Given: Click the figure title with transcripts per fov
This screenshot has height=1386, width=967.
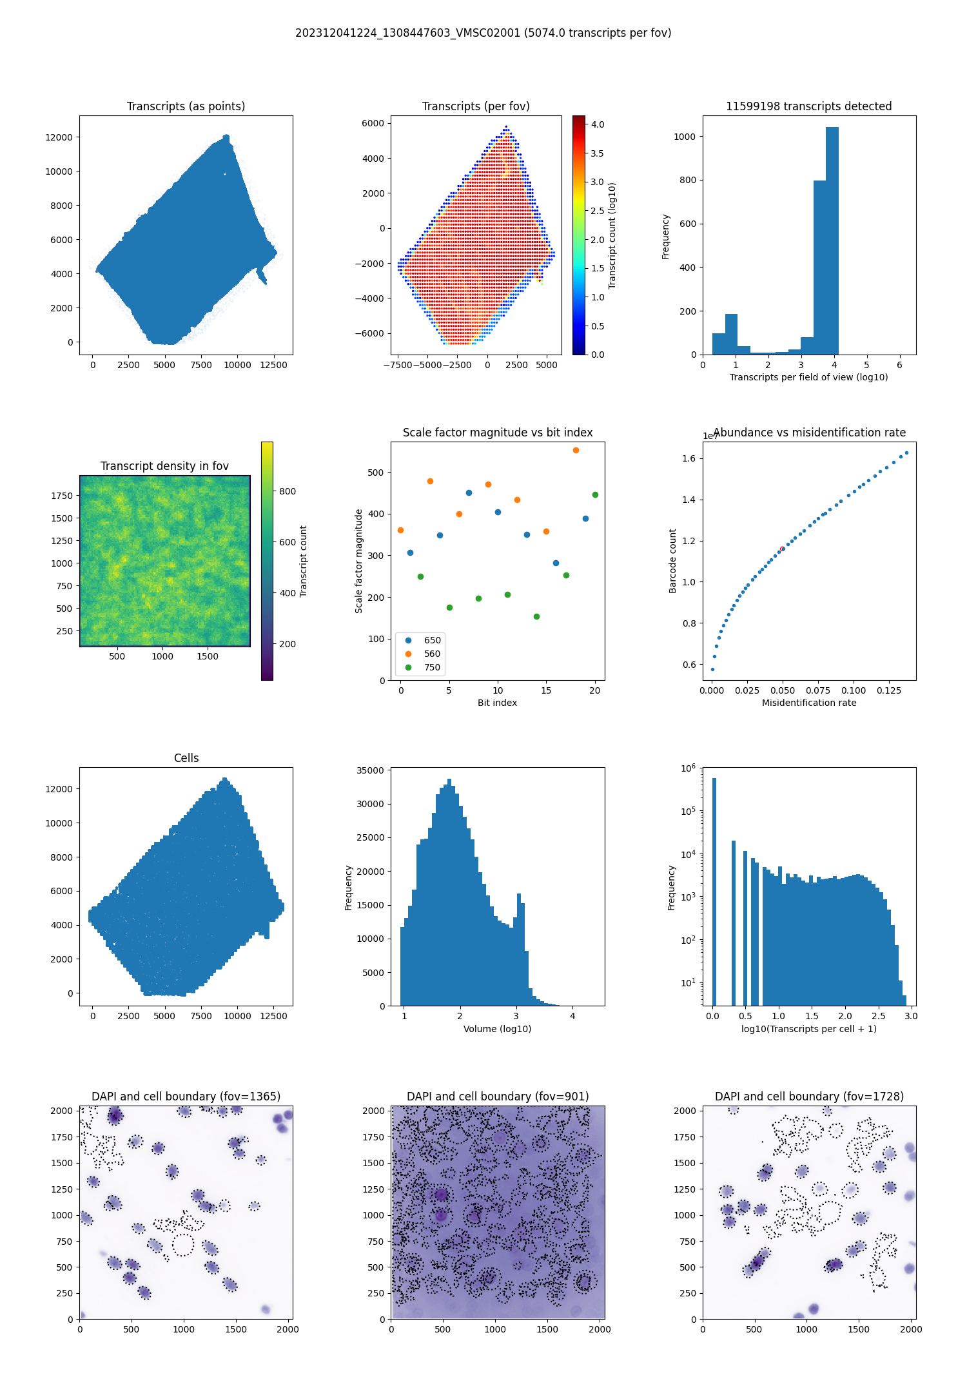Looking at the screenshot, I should [x=483, y=33].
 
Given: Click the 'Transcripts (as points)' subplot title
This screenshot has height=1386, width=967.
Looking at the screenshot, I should [x=186, y=106].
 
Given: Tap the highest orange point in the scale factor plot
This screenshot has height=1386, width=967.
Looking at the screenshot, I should [x=576, y=450].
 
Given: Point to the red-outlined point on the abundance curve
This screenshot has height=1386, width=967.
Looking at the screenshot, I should [x=782, y=549].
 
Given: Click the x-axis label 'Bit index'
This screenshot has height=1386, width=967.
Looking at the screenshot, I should [x=497, y=703].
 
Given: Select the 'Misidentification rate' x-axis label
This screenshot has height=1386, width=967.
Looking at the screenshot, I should [x=809, y=703].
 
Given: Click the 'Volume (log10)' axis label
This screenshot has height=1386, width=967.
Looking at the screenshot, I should [x=497, y=1029].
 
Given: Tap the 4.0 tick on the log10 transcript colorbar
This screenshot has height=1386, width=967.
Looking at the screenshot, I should [x=598, y=124].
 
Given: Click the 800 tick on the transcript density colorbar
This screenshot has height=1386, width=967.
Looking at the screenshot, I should [x=288, y=491].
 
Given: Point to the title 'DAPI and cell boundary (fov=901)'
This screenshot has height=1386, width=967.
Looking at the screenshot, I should [x=498, y=1097].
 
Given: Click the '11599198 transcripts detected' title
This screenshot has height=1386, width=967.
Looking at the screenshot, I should [x=808, y=106].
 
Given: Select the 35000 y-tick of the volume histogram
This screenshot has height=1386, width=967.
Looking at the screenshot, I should [x=371, y=770].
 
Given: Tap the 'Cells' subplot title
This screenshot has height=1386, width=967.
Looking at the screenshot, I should [x=186, y=758].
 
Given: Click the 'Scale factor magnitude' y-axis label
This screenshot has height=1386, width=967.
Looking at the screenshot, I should [x=359, y=561].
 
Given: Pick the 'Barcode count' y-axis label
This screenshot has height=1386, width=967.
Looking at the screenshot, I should [x=672, y=561].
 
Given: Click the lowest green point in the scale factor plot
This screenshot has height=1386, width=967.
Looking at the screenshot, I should [x=536, y=616].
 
